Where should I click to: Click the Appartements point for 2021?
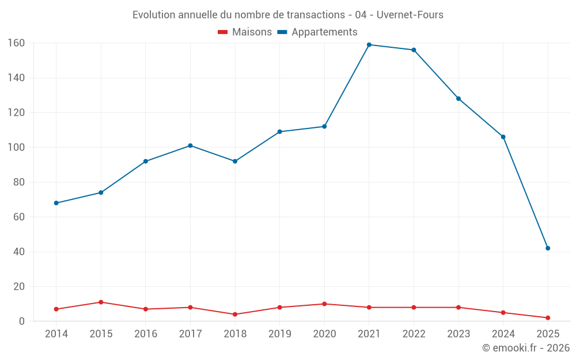pos(369,45)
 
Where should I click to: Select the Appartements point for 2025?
pos(548,248)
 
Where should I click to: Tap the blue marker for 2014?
pos(56,203)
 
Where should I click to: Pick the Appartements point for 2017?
pos(190,146)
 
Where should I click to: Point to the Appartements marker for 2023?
pos(458,98)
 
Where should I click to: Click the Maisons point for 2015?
pos(101,302)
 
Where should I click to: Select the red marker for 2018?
pos(235,314)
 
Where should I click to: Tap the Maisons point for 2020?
pos(324,304)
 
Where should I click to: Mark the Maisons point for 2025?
pos(548,318)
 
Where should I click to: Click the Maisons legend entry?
pos(245,32)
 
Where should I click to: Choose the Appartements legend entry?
pos(317,32)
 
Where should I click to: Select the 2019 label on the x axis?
pos(280,334)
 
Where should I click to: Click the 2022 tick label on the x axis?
pos(414,334)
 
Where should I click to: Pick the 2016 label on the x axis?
pos(146,334)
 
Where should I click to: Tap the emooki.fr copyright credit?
pos(525,348)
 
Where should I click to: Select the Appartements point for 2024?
pos(503,137)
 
